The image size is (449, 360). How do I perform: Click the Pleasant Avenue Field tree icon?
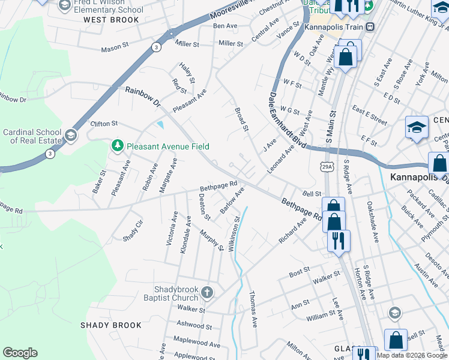point(118,146)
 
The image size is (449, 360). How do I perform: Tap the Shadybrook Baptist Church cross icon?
point(207,293)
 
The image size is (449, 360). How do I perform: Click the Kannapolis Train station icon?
point(370,27)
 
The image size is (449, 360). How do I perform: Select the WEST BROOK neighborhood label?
point(112,20)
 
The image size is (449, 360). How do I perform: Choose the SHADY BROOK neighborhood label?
point(111,325)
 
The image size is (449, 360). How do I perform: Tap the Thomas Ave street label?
point(253,310)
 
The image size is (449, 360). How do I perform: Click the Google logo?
point(20,353)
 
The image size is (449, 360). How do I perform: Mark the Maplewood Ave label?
point(193,339)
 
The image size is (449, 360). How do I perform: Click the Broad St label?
point(241,119)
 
